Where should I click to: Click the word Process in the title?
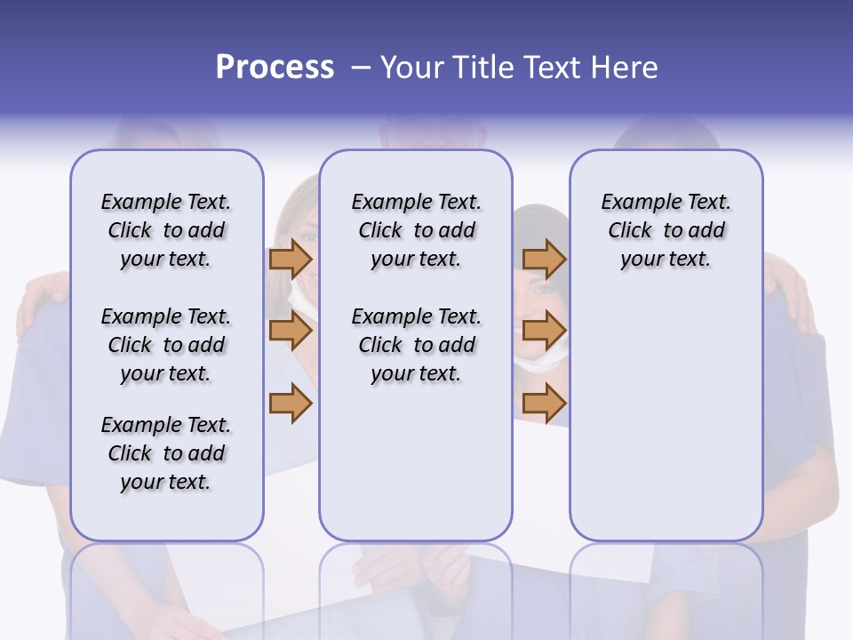point(275,68)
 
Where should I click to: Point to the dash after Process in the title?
point(361,68)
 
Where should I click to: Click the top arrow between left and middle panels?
point(291,259)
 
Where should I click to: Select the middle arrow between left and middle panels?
point(291,332)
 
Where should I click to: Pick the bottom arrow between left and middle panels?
point(291,404)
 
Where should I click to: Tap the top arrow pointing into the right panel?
point(544,259)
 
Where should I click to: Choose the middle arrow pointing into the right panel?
point(544,332)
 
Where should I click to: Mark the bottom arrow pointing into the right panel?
point(544,404)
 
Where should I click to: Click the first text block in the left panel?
point(166,230)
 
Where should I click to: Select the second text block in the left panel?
point(166,345)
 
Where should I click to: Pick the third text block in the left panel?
point(166,453)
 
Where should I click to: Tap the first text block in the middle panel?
point(416,230)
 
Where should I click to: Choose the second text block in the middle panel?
point(416,345)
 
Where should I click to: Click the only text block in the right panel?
point(666,230)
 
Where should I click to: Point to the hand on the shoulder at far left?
point(41,298)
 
